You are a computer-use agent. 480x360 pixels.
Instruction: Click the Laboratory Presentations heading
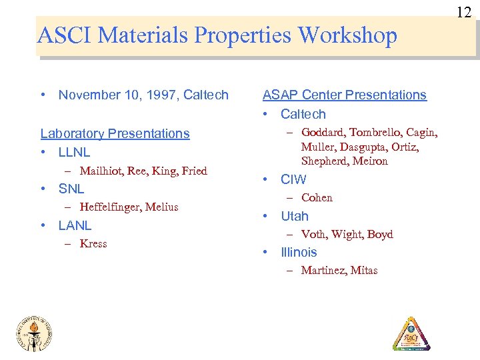tap(115, 133)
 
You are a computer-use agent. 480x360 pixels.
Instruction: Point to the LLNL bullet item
tap(74, 152)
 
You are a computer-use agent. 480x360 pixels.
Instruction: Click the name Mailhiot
tap(102, 171)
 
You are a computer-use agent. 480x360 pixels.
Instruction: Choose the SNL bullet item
tap(71, 189)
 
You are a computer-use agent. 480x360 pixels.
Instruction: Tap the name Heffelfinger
tap(110, 207)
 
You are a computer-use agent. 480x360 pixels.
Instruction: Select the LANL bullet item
tap(75, 225)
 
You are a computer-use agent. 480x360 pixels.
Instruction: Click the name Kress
tap(93, 243)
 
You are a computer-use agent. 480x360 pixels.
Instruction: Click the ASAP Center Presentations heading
tap(344, 95)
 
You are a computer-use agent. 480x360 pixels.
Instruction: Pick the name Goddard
tap(323, 132)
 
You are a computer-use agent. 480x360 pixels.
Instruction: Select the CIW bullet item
tap(293, 179)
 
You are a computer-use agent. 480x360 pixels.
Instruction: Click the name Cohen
tap(317, 197)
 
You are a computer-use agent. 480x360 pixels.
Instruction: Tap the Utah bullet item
tap(295, 216)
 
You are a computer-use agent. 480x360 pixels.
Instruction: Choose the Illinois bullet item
tap(299, 252)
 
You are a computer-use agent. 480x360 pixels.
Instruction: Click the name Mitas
tap(364, 270)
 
